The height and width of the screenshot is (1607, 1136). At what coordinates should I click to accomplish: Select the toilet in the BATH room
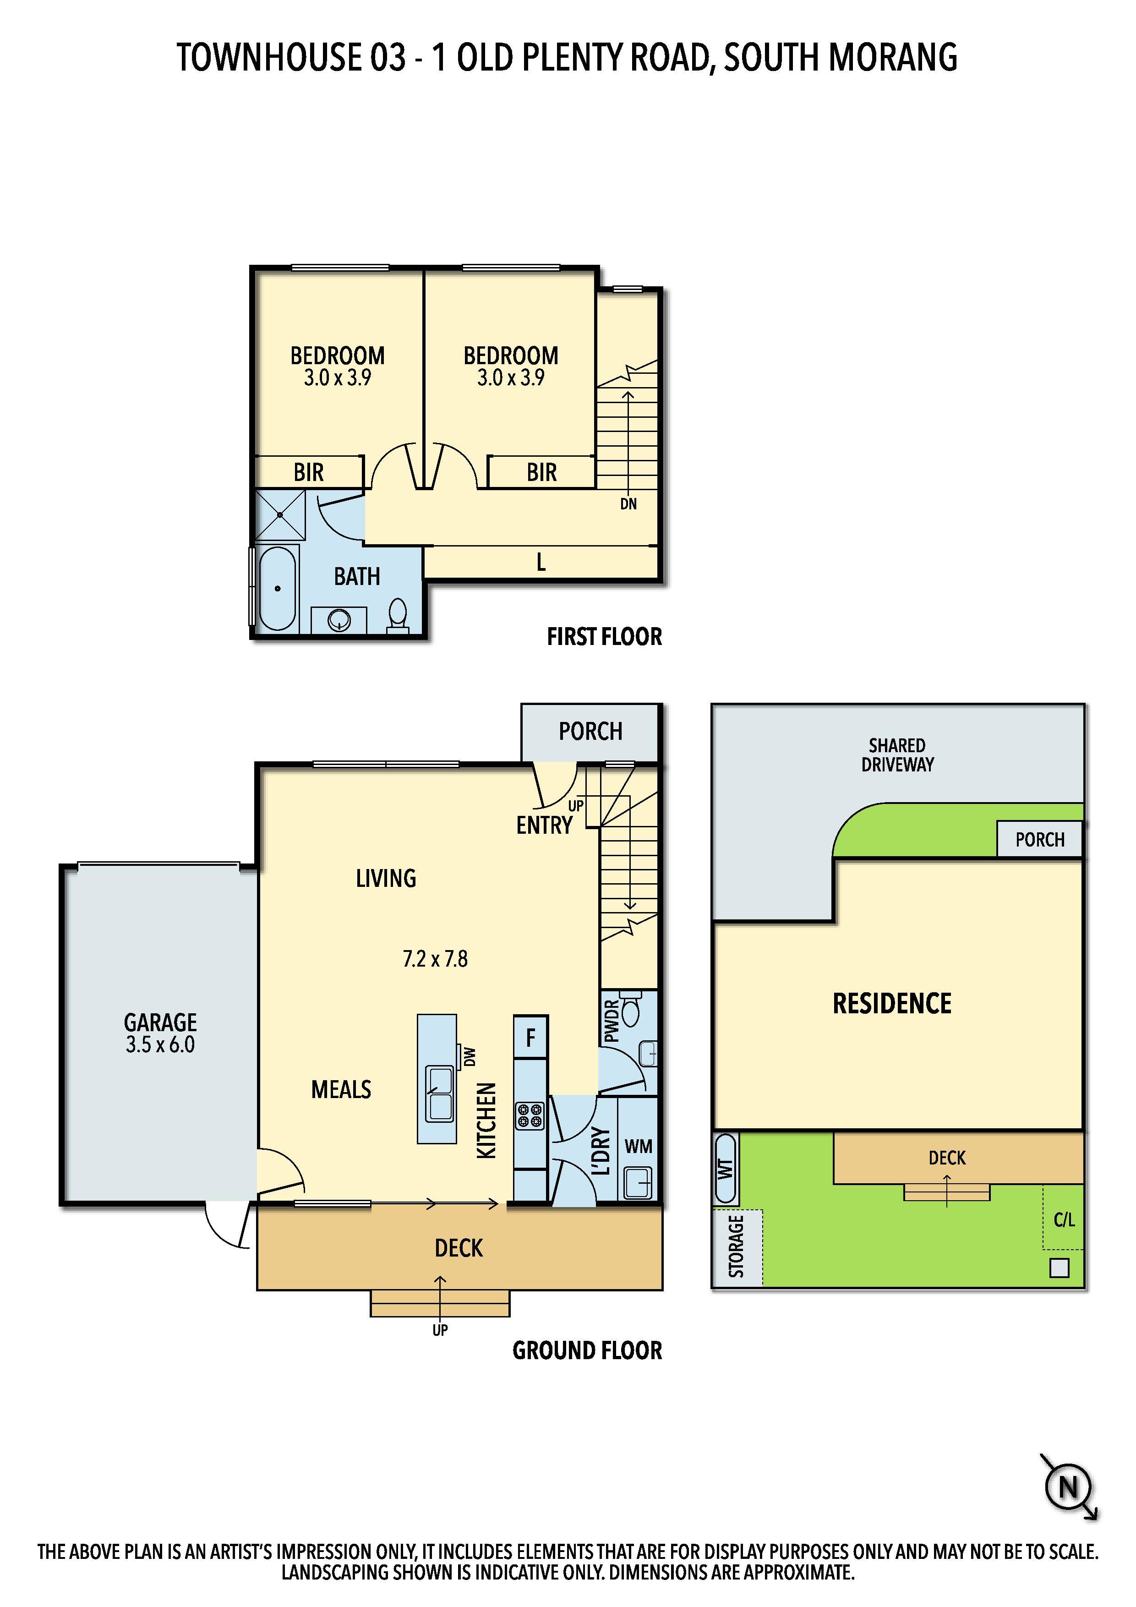click(398, 615)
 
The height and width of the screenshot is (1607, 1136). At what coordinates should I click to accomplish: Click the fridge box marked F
click(530, 1037)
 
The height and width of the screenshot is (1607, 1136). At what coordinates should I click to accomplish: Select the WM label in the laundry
click(639, 1147)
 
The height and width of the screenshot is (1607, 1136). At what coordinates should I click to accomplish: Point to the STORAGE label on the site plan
click(736, 1246)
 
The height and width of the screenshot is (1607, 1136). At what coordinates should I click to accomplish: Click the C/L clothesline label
click(1064, 1220)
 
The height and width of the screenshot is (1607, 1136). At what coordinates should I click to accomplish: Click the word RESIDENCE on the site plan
click(892, 1004)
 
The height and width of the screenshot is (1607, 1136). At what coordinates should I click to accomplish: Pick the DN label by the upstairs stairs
click(628, 504)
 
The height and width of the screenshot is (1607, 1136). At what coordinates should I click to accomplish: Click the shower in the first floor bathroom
click(280, 515)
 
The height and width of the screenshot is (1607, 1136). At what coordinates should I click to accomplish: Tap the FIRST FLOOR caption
click(604, 637)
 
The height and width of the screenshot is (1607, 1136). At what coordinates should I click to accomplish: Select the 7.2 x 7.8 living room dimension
click(435, 958)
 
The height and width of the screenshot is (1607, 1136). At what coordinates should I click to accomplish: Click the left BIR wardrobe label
click(309, 473)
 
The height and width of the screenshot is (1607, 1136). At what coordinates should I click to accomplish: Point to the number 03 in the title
click(388, 57)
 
